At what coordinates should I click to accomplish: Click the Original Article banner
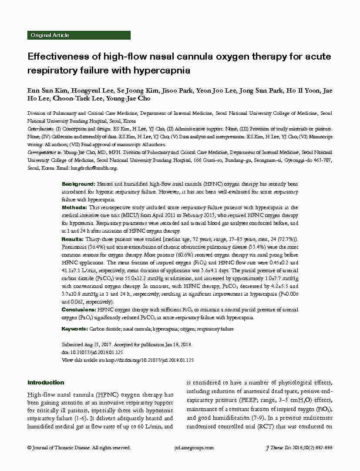click(50, 35)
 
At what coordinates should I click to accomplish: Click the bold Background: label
click(78, 184)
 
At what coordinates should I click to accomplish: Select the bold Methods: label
click(74, 208)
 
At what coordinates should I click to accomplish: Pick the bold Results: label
click(73, 239)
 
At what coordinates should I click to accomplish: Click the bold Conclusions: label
click(79, 310)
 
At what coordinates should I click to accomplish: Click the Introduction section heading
click(46, 383)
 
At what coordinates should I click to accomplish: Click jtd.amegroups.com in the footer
click(194, 448)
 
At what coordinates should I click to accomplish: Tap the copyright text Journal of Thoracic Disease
click(61, 448)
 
